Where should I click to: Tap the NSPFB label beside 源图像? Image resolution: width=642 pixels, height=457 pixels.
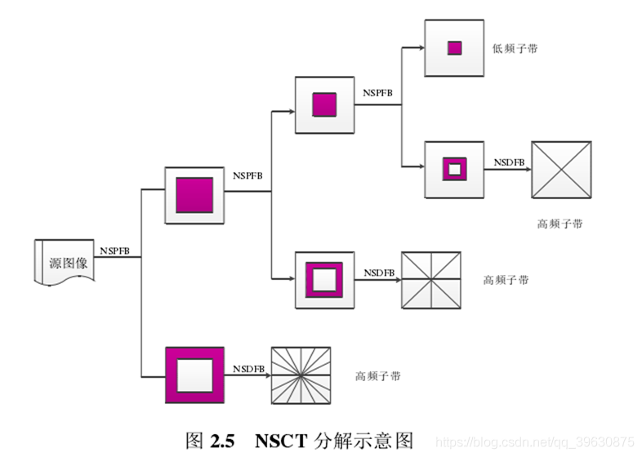(x=114, y=251)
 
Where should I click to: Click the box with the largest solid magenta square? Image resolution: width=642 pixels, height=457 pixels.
(x=194, y=195)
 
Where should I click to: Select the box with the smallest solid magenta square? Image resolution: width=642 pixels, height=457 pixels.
(x=454, y=48)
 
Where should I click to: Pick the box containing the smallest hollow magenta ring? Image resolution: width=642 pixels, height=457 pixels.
(x=454, y=170)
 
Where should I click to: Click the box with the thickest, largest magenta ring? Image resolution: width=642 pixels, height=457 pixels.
(x=194, y=375)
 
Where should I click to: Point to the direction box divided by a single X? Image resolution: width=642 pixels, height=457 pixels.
(x=561, y=170)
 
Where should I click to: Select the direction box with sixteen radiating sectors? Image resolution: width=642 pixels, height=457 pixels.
(x=301, y=375)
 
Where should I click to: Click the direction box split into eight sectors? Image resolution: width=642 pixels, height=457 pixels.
(x=430, y=280)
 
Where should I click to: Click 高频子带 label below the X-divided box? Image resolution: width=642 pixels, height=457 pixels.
(x=560, y=224)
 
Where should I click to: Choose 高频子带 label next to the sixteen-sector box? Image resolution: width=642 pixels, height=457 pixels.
(x=377, y=376)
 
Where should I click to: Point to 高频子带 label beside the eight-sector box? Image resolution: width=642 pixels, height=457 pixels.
(x=506, y=280)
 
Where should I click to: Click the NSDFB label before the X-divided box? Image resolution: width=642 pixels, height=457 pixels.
(x=509, y=162)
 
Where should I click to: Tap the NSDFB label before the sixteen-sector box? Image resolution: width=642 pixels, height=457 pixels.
(x=248, y=369)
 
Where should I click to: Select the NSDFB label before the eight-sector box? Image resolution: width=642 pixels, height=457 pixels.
(x=379, y=273)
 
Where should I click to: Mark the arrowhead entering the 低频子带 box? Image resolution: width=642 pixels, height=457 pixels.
(x=421, y=48)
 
